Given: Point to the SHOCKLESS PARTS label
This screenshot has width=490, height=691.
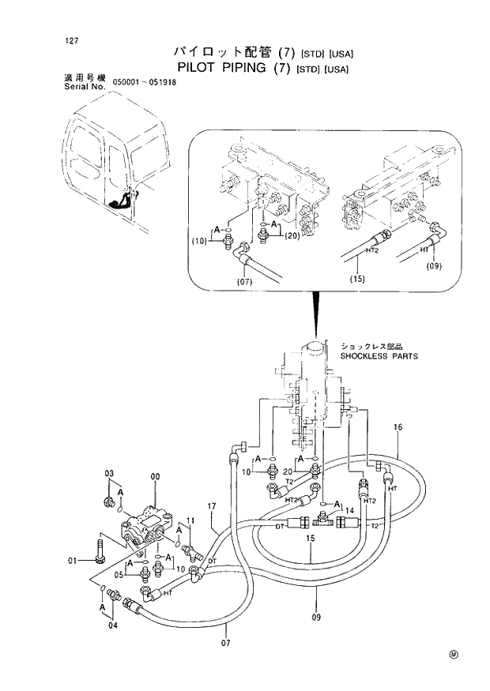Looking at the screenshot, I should (379, 356).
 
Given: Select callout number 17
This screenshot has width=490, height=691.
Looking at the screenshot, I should (211, 505).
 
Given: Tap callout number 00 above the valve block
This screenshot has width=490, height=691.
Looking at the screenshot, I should (155, 477).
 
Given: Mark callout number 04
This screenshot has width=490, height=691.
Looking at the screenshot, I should (113, 625).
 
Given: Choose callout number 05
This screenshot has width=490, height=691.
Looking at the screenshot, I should (118, 574).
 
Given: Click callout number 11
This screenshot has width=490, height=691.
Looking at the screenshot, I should (190, 520).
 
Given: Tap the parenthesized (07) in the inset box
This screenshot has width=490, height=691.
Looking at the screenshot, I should (243, 280).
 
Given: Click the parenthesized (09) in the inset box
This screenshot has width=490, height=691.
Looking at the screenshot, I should (435, 266).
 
